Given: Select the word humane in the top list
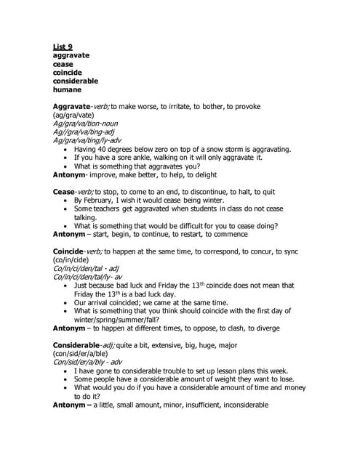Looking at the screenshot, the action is click(68, 89).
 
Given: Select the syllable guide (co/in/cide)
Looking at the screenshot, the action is click(73, 259).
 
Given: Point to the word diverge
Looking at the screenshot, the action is click(259, 328).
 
